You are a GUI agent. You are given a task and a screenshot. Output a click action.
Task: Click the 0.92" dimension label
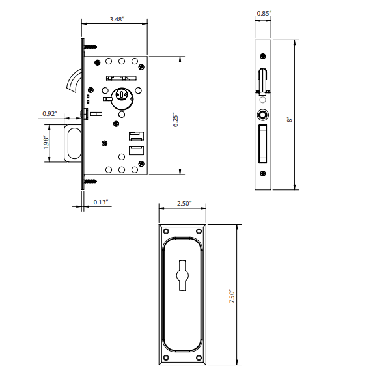(x=49, y=114)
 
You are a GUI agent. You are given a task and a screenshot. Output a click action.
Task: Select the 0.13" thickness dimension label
(x=101, y=202)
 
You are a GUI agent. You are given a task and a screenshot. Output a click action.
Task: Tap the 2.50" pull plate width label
(x=184, y=203)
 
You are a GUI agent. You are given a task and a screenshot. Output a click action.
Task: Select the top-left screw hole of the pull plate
(x=165, y=231)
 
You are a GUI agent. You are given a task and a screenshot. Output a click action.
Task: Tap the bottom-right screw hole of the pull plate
(x=202, y=357)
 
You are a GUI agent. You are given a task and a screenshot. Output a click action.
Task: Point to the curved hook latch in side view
(x=74, y=80)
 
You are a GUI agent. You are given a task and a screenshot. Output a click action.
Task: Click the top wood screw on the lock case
(x=89, y=46)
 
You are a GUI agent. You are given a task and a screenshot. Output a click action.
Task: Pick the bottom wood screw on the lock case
(x=89, y=183)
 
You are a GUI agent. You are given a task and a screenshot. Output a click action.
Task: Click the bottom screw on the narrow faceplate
(x=262, y=173)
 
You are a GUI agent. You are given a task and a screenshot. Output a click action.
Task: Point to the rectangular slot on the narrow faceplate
(x=262, y=144)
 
